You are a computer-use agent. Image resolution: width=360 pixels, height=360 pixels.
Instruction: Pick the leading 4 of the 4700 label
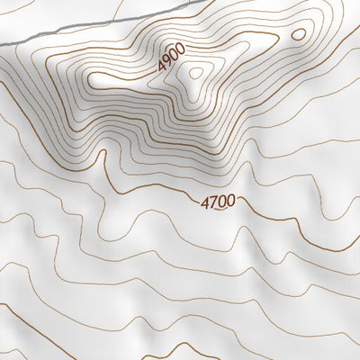[x=205, y=202]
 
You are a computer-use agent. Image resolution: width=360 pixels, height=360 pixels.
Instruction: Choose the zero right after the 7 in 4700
[x=221, y=202]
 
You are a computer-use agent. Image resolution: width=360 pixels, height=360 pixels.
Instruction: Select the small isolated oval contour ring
[x=298, y=35]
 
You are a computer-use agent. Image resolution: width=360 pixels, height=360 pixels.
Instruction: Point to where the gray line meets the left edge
[x=1, y=45]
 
